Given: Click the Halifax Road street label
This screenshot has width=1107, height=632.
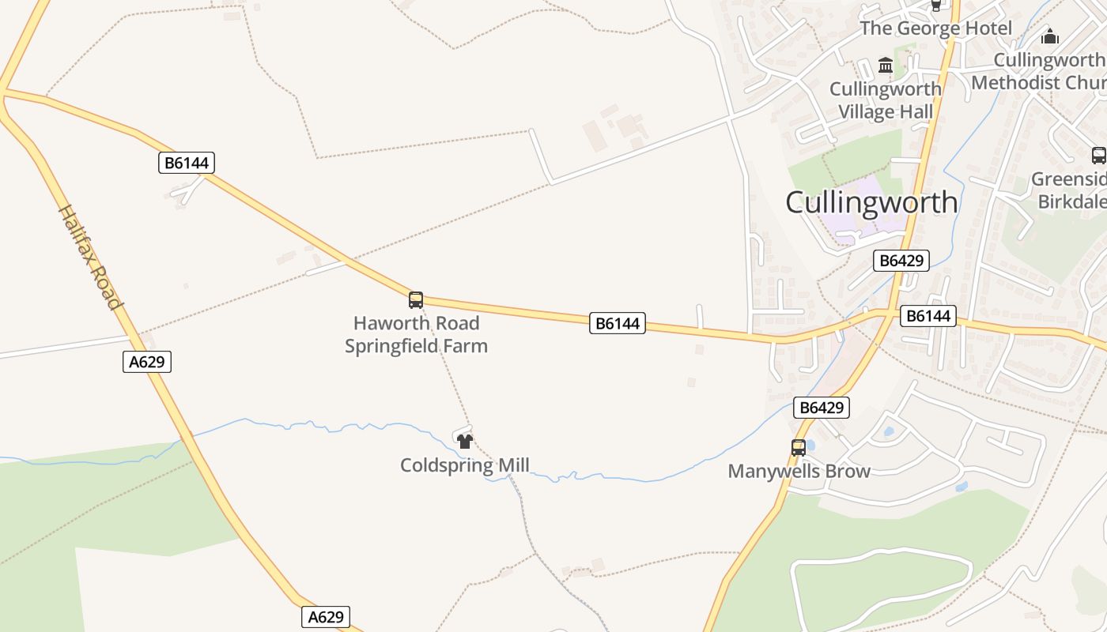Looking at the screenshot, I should [x=91, y=257].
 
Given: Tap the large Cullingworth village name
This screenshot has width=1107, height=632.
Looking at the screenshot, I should [x=871, y=202].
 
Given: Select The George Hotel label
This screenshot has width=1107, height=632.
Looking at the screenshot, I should [x=935, y=28].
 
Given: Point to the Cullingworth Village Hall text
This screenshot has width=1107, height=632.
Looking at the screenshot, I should [x=886, y=100].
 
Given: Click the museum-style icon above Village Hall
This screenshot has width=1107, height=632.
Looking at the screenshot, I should [x=886, y=66].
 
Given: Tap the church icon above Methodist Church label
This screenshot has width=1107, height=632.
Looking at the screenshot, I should [x=1049, y=36].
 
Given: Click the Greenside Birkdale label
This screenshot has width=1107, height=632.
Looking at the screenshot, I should [x=1071, y=190].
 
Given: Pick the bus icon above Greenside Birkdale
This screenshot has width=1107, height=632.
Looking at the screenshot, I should [x=1098, y=155].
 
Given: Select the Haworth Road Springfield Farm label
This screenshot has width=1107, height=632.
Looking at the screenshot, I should [x=416, y=334].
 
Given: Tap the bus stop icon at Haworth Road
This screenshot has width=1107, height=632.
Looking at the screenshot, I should [x=416, y=300].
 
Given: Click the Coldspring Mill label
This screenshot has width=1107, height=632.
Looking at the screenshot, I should [x=465, y=465].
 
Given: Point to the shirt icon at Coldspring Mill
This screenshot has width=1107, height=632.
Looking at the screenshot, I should [x=465, y=441].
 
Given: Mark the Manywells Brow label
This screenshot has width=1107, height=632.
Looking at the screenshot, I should [x=799, y=472].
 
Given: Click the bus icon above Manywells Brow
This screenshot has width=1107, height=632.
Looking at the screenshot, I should [x=799, y=448].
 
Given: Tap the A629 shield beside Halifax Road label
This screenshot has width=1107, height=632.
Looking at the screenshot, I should [x=147, y=362].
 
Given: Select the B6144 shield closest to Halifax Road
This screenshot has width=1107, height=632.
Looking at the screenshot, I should [x=187, y=163].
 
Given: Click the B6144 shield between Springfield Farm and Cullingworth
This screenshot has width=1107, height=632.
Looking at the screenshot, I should [x=617, y=322].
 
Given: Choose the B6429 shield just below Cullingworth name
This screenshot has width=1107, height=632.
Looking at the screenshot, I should [x=901, y=261].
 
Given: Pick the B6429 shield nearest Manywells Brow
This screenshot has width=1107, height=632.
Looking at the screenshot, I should [x=822, y=408].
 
